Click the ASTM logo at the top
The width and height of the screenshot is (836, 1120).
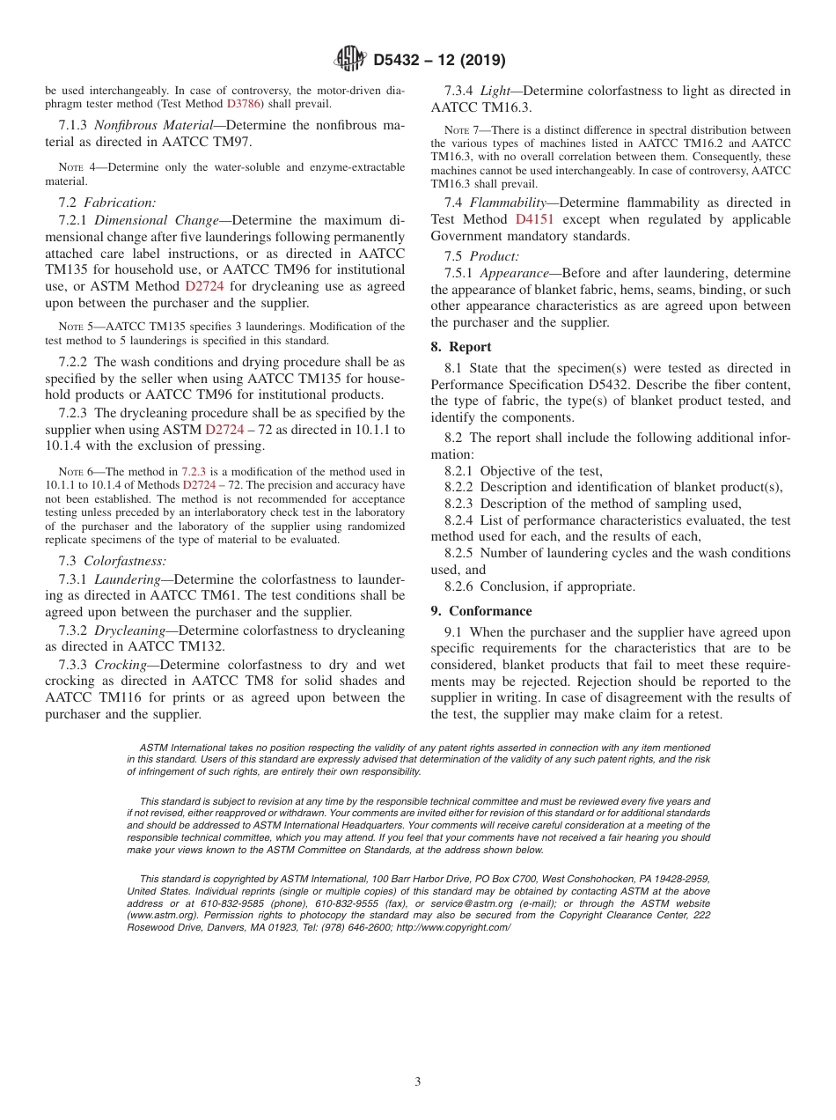click(351, 60)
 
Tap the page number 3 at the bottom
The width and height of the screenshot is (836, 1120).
click(418, 1081)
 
